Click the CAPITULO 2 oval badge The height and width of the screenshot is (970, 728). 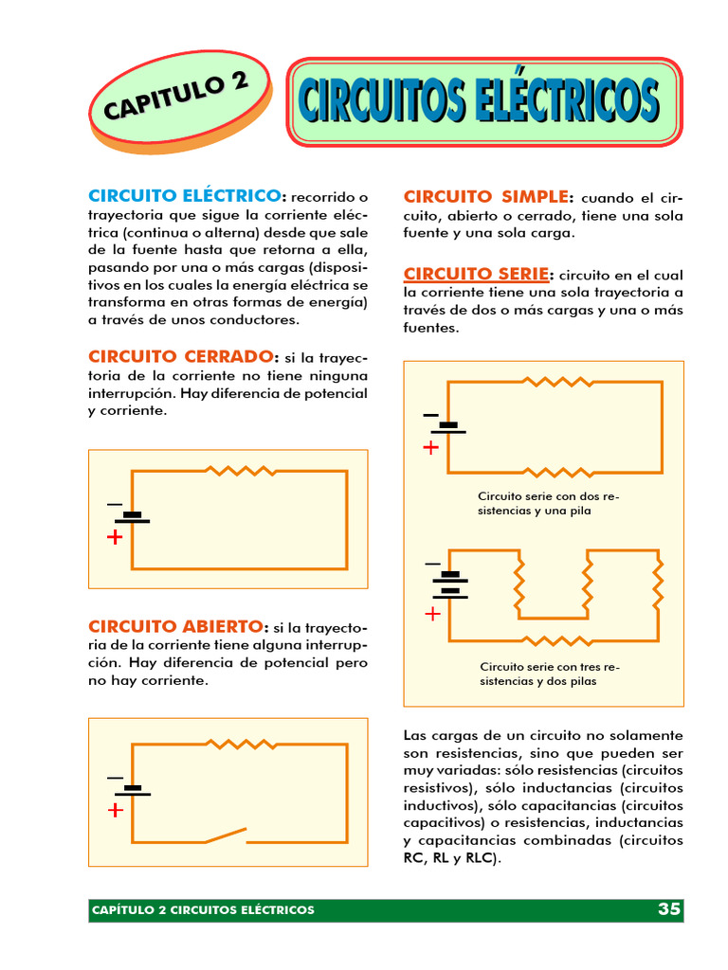coord(179,99)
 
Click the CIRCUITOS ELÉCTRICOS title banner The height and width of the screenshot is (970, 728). coord(484,101)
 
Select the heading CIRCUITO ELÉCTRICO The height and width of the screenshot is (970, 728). coord(185,195)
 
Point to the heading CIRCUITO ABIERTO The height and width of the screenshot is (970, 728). coord(176,626)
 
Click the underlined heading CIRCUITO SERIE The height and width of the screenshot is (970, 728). coord(476,274)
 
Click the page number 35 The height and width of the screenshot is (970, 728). coord(668,909)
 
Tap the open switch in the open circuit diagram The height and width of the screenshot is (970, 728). coord(226,835)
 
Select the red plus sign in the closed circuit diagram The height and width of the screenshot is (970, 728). coord(115,538)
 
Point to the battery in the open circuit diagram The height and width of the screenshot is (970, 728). coord(133,790)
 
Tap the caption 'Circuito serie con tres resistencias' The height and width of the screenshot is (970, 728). coord(550,674)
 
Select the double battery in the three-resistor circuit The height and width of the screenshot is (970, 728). coord(450,584)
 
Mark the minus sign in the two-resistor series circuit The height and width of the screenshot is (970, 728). coord(431,415)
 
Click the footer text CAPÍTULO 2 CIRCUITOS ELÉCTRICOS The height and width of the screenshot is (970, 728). coord(203,910)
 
